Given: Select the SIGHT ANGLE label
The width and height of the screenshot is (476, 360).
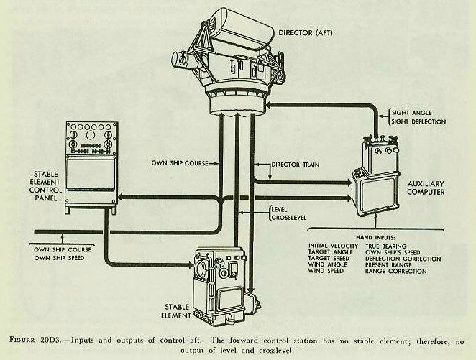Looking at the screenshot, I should (413, 112).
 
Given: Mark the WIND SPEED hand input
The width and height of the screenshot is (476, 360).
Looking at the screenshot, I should (319, 272).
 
